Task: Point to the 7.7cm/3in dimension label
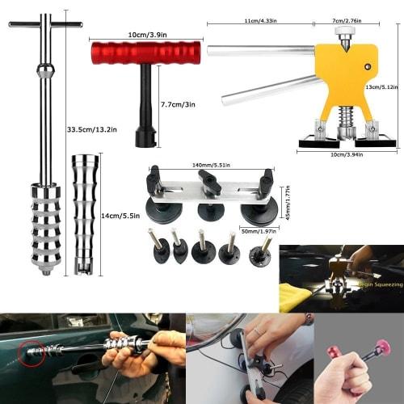coord(178,105)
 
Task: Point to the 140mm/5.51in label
coord(209,163)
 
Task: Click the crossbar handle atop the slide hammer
coord(45,24)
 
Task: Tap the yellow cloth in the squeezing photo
coord(296,295)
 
